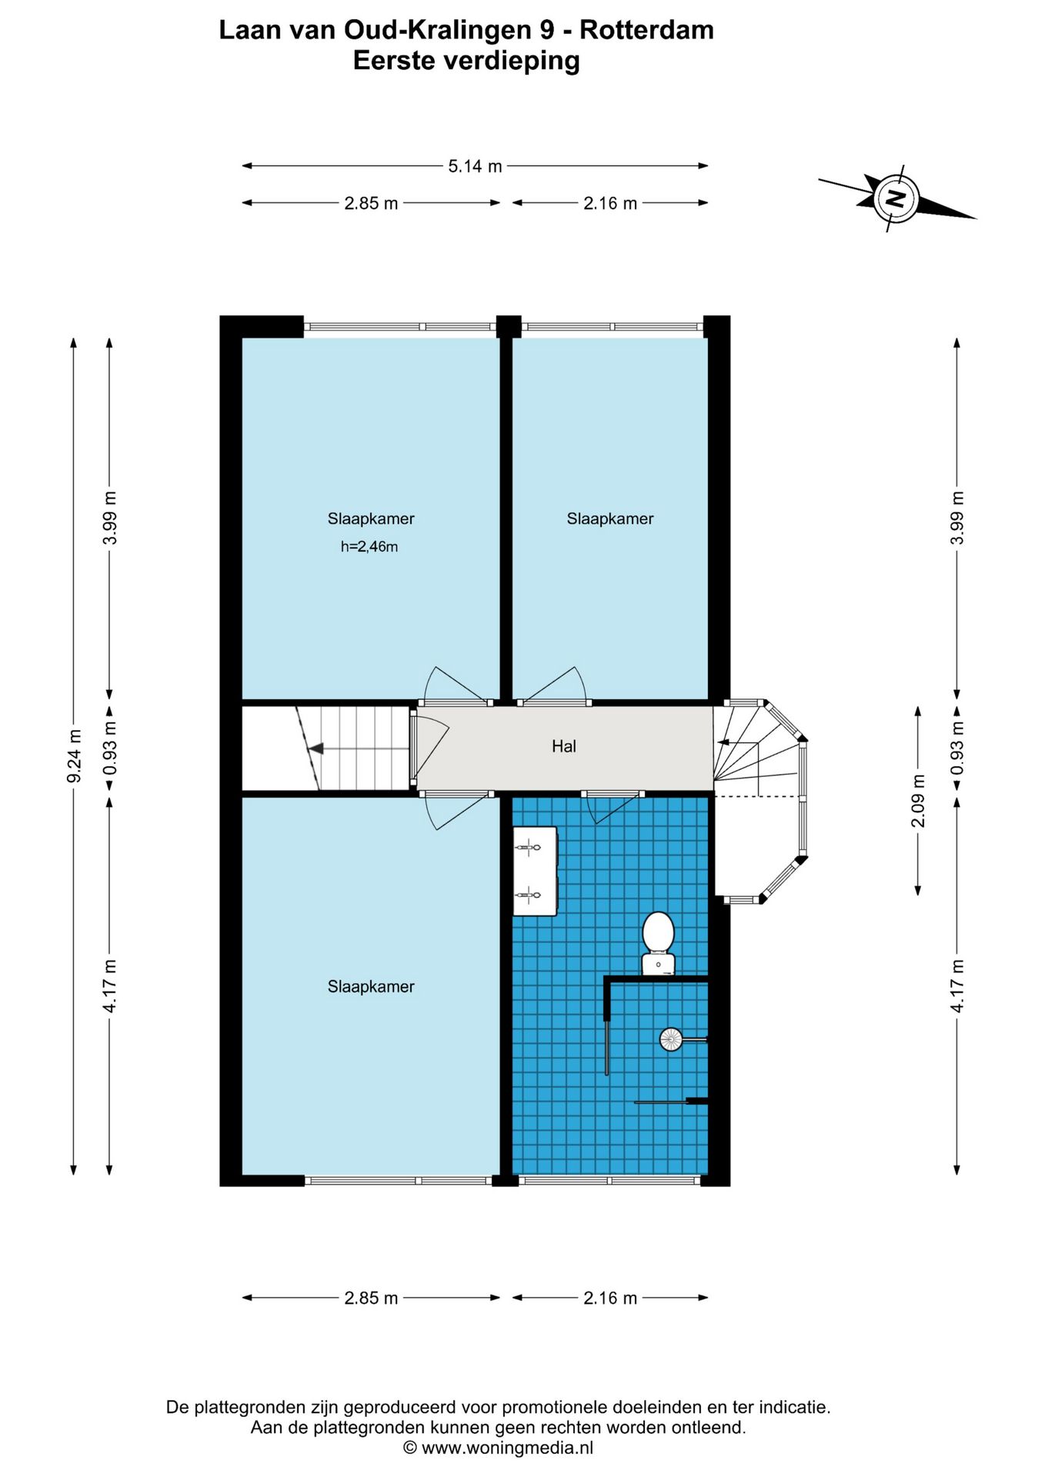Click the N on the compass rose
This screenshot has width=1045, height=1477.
[x=896, y=198]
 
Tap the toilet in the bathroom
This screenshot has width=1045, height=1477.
[x=658, y=943]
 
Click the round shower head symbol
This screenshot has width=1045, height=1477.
[x=670, y=1039]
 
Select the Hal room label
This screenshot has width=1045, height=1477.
[x=563, y=745]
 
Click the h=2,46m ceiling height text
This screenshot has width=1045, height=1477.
[x=369, y=547]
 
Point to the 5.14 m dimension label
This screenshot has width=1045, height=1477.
[x=475, y=165]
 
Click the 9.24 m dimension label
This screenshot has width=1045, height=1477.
[x=74, y=756]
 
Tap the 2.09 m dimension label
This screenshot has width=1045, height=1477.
[x=918, y=801]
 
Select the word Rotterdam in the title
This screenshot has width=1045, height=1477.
[x=646, y=30]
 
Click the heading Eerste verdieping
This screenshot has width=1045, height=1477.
[x=466, y=60]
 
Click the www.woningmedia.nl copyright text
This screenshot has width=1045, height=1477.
[x=508, y=1448]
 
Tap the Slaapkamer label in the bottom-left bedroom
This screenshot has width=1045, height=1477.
[x=371, y=986]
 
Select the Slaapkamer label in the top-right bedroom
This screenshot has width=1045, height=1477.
[x=610, y=518]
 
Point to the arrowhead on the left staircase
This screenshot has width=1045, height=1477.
[x=315, y=748]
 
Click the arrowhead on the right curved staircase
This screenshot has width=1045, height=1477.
[x=723, y=742]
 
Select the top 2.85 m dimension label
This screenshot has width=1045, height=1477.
[x=371, y=203]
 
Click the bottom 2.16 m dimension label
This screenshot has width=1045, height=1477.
[x=610, y=1298]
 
